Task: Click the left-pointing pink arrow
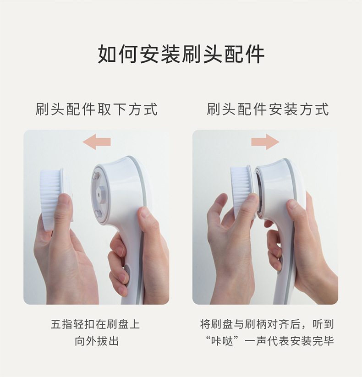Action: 96,142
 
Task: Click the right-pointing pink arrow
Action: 265,142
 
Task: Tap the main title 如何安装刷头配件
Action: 181,54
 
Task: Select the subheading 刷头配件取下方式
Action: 96,109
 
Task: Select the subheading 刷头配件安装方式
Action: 268,109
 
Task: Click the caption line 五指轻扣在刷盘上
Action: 95,324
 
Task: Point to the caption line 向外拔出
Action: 96,341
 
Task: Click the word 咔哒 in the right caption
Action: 222,341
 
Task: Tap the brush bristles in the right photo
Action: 241,190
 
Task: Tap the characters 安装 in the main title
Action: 160,54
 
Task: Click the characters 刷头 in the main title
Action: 202,54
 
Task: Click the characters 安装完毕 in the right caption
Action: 312,341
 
